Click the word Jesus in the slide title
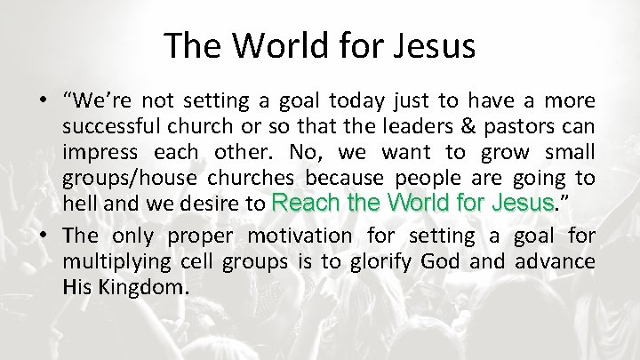click(434, 45)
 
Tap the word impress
click(97, 152)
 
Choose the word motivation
click(300, 236)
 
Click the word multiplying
click(115, 261)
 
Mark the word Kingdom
click(148, 286)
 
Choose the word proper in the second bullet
click(197, 236)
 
